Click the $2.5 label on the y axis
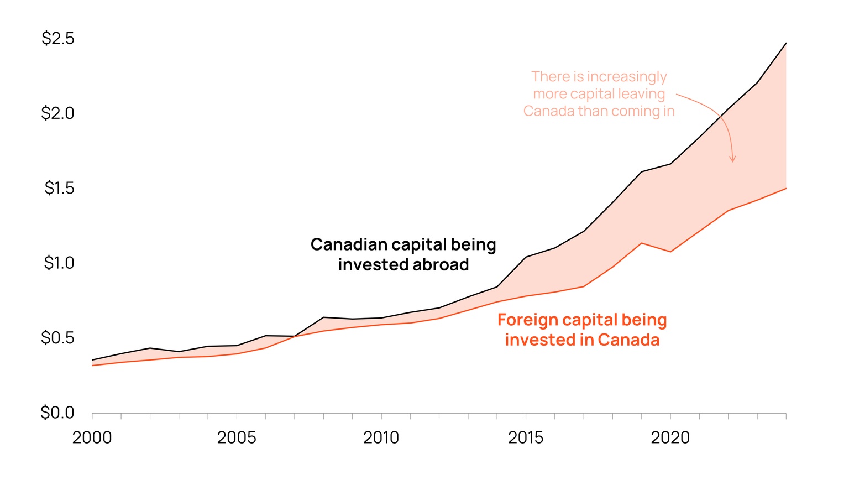57,39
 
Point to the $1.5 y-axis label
59,188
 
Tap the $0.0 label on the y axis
57,413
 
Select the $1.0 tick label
59,263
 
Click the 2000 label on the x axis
92,438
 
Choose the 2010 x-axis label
381,438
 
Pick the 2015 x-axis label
525,438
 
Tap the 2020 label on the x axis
670,438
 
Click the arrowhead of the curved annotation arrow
733,160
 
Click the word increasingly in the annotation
626,77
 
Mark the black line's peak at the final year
786,43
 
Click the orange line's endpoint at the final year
786,189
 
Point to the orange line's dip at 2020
670,252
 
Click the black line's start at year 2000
92,360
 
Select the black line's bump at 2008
323,317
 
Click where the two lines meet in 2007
295,336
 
